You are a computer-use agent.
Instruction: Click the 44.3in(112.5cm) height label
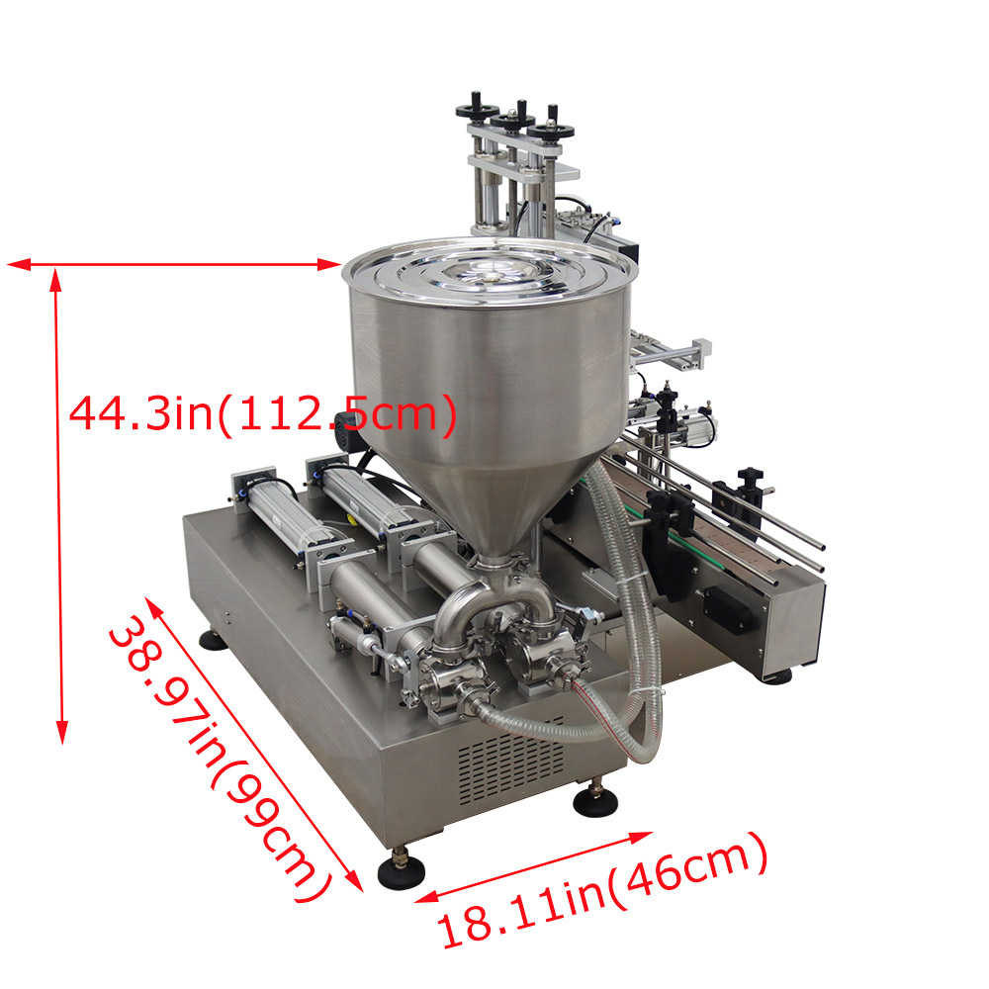[262, 414]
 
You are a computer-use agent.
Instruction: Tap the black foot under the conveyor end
[774, 676]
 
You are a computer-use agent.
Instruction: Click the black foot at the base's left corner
[214, 641]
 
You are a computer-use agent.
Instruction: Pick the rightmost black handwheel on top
[551, 130]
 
